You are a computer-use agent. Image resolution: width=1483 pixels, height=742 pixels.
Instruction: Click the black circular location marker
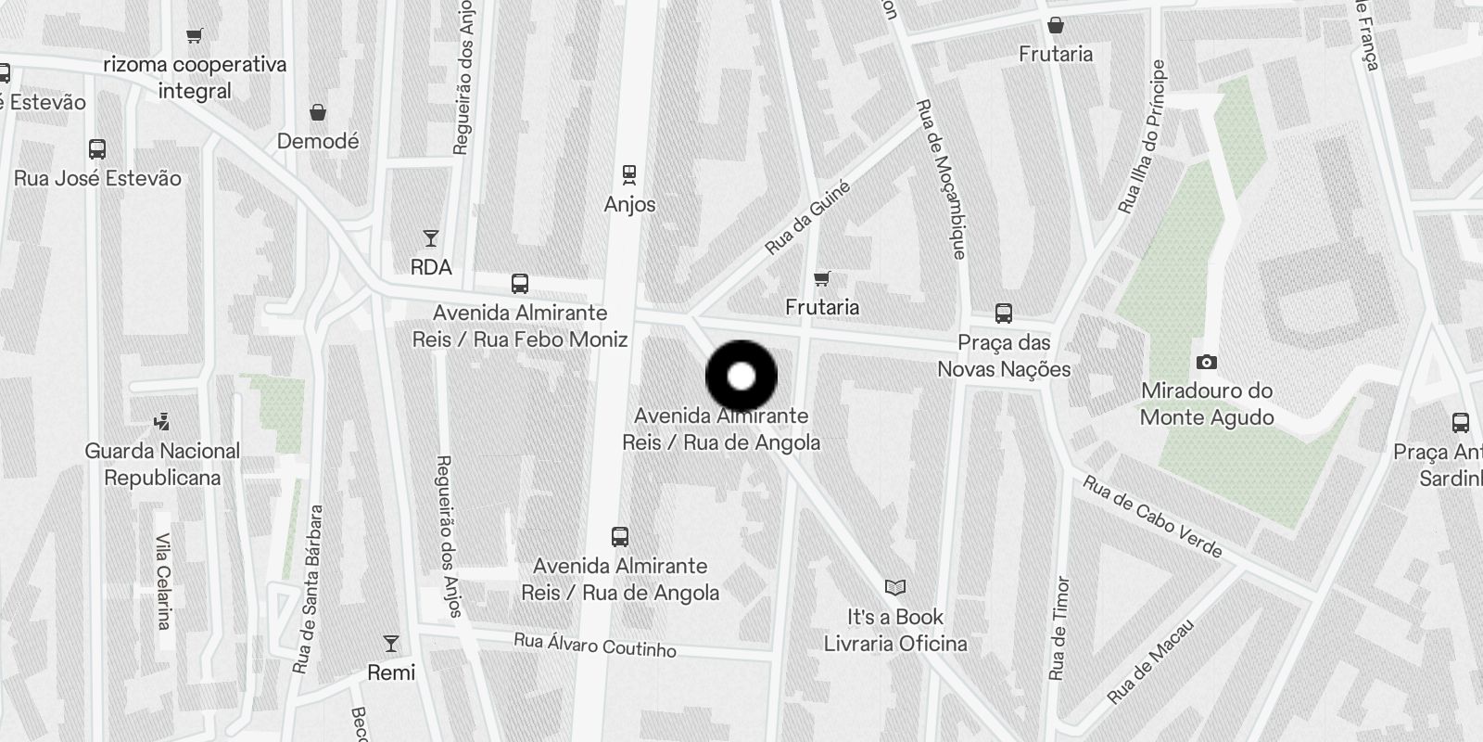click(741, 377)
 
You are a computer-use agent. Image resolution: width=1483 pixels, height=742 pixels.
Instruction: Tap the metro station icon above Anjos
click(629, 173)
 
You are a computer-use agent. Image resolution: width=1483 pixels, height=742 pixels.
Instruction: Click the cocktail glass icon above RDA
click(431, 238)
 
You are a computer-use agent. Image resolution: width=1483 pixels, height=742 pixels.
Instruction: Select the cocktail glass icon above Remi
click(391, 643)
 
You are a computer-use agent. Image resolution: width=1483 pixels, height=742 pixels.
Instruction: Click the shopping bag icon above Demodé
click(318, 112)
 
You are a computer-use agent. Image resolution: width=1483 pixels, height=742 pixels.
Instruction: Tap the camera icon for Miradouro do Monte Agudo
click(1206, 362)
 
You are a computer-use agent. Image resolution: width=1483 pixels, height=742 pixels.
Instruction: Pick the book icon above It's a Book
click(894, 587)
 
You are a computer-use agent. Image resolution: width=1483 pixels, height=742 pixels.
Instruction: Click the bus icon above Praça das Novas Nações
click(1003, 313)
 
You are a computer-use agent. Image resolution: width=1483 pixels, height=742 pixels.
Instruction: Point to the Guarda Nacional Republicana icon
click(162, 422)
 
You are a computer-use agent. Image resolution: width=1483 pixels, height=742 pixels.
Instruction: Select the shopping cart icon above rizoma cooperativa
click(194, 36)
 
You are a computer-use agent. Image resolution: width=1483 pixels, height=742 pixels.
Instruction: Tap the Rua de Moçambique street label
click(941, 179)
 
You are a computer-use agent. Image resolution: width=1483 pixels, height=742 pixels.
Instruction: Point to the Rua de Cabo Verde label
click(1152, 517)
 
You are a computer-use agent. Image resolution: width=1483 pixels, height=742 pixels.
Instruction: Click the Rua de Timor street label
click(1058, 628)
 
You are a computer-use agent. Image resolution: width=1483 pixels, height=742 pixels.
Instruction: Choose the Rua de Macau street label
click(1150, 661)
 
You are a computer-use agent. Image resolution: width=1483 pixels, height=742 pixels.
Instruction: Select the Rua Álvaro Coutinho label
click(595, 644)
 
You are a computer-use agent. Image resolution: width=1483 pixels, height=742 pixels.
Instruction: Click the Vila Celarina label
click(164, 581)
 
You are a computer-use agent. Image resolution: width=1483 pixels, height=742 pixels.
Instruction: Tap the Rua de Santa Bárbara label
click(308, 589)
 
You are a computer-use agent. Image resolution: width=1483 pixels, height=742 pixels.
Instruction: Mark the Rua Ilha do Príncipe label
click(1141, 137)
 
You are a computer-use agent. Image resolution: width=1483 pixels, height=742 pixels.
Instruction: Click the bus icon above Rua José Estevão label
click(97, 148)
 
